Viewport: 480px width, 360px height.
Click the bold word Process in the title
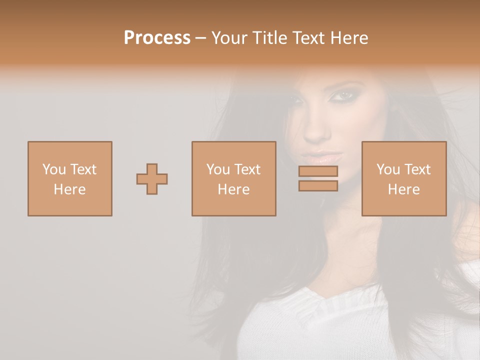click(157, 38)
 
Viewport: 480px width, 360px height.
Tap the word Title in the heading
click(271, 38)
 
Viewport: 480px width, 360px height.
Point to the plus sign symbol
click(152, 179)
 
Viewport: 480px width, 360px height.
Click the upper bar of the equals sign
click(318, 171)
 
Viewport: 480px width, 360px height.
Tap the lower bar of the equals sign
click(318, 185)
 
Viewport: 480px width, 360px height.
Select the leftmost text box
click(69, 179)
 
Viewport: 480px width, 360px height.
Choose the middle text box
click(233, 179)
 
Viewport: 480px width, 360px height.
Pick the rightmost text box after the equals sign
click(403, 179)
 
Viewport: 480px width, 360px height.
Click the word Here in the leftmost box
click(69, 189)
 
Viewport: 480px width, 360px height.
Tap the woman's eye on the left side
click(295, 100)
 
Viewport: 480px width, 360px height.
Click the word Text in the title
click(306, 38)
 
